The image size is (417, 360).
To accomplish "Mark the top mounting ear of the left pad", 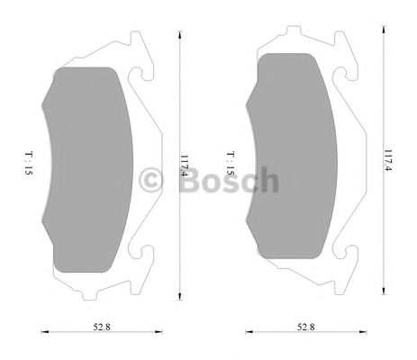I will pos(135,50).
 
